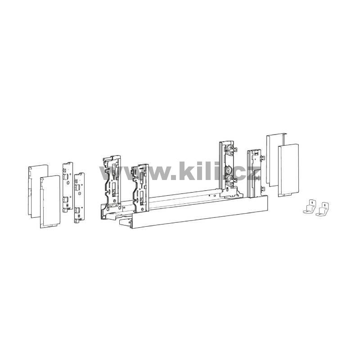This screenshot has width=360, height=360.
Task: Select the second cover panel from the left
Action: pos(50,202)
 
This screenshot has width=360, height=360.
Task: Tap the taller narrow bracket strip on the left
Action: pos(67,187)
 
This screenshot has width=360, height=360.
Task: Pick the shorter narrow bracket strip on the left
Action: pos(79,198)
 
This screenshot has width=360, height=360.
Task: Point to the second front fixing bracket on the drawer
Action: pos(140,188)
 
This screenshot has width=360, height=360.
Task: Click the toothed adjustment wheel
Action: pos(229,170)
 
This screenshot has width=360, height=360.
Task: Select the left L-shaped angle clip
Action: pos(310,207)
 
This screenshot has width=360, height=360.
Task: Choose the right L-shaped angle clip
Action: pos(322,209)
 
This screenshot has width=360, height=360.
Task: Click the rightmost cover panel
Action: pos(288,171)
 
